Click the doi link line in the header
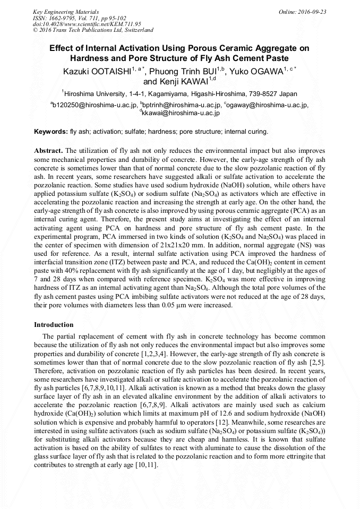point(79,24)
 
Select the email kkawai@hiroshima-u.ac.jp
point(181,113)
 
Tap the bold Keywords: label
point(51,131)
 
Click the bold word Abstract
point(48,150)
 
